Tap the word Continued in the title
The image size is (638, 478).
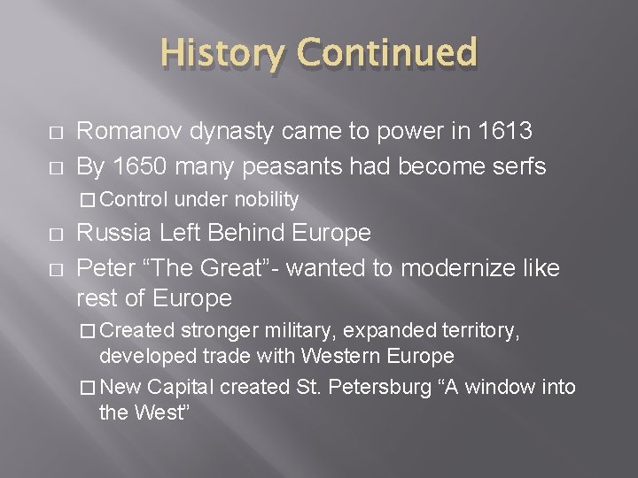click(x=387, y=54)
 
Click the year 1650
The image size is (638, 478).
click(x=144, y=166)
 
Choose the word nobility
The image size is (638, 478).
click(x=266, y=200)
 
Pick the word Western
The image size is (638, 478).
click(x=340, y=356)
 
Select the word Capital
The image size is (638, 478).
click(x=180, y=387)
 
